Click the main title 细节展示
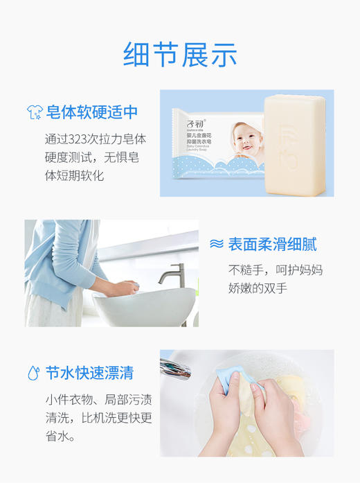(180, 55)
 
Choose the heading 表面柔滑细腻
(273, 244)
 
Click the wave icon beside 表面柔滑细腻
(217, 244)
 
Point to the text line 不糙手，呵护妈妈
(276, 270)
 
